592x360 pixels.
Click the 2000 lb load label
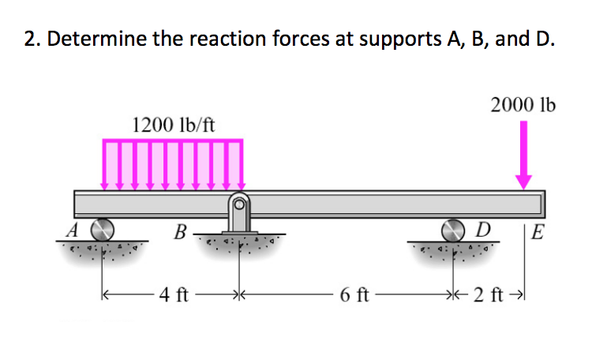coord(523,105)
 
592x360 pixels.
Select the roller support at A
coord(100,230)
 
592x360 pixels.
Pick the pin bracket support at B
coord(238,214)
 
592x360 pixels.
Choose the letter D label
coord(486,231)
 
